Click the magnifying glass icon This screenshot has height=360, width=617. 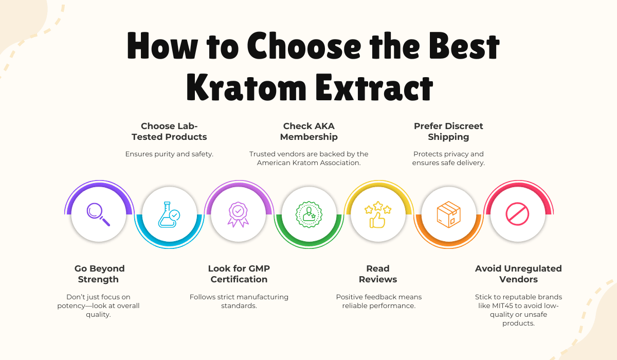pos(98,214)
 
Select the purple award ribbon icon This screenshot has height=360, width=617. pos(238,214)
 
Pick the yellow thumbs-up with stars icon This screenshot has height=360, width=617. pos(378,214)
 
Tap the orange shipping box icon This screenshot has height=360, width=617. pos(448,214)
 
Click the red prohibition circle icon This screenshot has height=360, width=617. pos(518,214)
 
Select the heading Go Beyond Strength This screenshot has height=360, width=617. pos(99,274)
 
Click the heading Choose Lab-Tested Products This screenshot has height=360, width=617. pos(169,131)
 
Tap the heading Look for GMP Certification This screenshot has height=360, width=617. pos(239,274)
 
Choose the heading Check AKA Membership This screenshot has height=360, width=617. pos(309,131)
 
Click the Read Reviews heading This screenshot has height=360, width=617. pos(378,274)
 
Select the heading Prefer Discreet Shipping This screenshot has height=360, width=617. pos(448,131)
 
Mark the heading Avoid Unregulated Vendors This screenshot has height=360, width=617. pos(518,274)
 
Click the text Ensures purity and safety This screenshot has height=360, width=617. pos(169,154)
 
